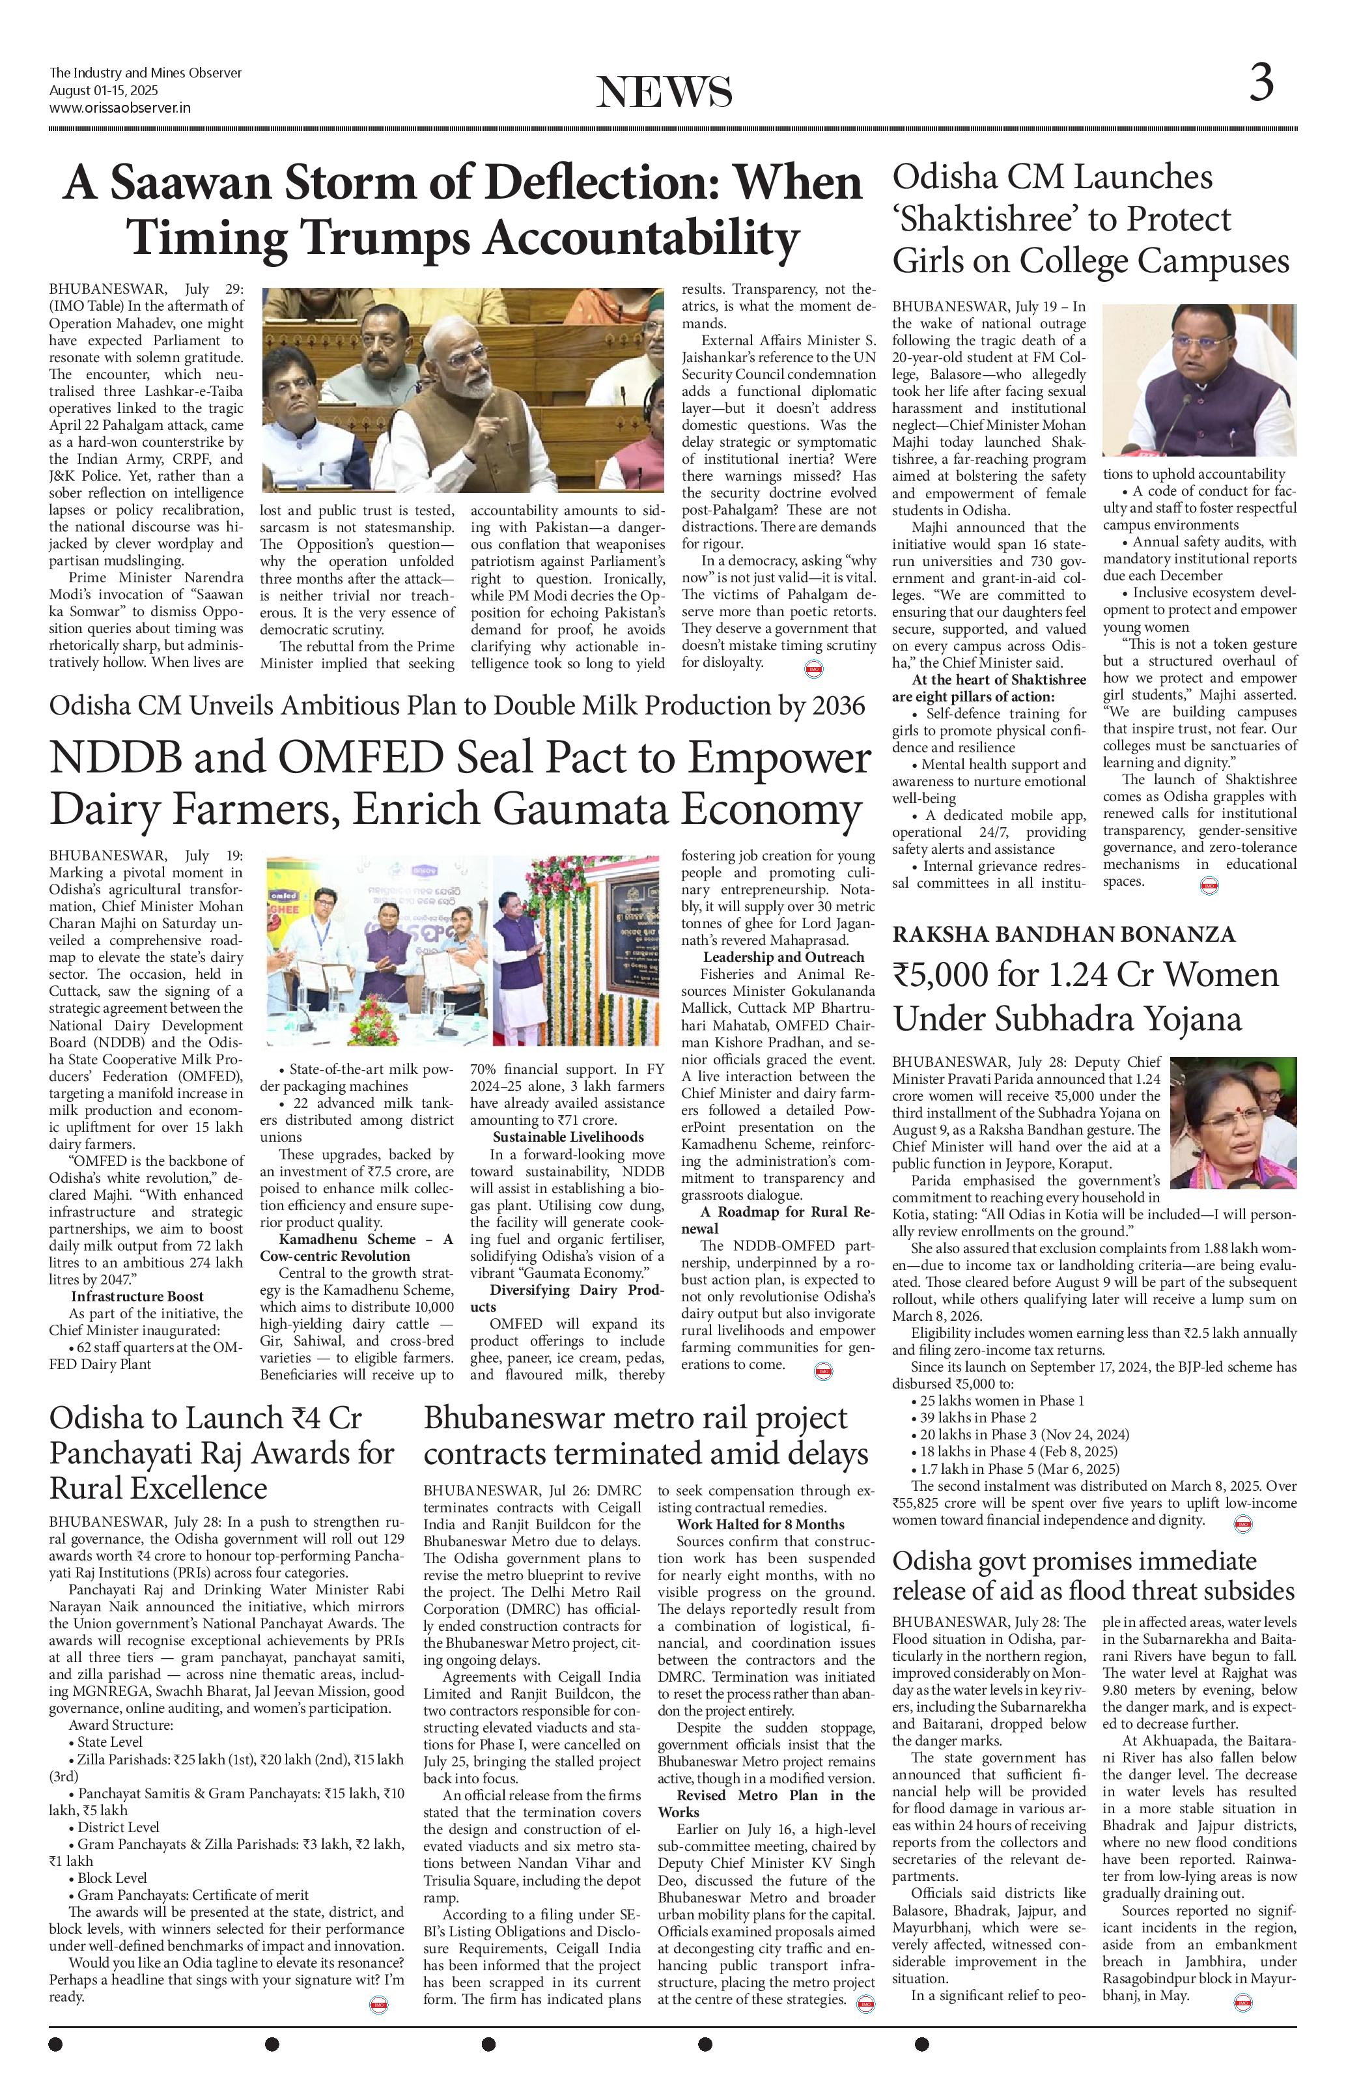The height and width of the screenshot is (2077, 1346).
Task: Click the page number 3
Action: coord(1261,84)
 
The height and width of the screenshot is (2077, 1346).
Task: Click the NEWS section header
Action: coord(665,92)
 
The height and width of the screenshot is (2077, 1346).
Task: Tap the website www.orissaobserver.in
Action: coord(120,107)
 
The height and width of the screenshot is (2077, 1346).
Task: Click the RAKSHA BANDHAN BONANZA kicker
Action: coord(1063,935)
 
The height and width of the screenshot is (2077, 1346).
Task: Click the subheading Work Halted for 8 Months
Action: coord(760,1525)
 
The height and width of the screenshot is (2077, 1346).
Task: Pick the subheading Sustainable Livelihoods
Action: coord(568,1137)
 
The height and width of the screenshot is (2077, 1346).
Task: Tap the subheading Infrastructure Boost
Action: coord(138,1296)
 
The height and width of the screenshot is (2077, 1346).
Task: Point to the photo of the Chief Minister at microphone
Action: coord(1199,380)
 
